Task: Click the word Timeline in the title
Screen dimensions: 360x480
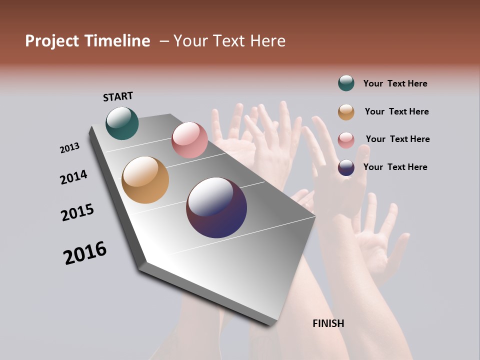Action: tap(116, 41)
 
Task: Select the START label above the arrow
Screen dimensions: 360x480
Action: tap(118, 96)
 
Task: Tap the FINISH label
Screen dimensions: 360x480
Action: tap(328, 323)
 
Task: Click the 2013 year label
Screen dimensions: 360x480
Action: tap(70, 148)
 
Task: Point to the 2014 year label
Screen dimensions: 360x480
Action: tap(74, 177)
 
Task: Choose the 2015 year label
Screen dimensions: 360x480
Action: tap(77, 212)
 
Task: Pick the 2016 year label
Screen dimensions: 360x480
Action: tap(85, 253)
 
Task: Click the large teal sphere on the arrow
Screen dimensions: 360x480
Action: tap(122, 123)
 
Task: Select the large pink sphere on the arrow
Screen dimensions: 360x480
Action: tap(189, 140)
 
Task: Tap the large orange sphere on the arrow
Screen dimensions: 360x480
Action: tap(145, 180)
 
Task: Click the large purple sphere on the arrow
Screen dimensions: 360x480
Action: tap(216, 207)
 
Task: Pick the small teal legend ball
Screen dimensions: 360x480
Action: tap(346, 83)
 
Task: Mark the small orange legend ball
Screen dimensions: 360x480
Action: tap(346, 112)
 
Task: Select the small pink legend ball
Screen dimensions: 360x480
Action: tap(346, 140)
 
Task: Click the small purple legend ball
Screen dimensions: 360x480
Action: tap(346, 167)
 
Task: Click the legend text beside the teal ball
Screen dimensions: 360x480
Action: tap(395, 83)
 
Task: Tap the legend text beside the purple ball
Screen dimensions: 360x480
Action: tap(395, 167)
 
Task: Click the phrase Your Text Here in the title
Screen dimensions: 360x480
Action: tap(229, 41)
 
